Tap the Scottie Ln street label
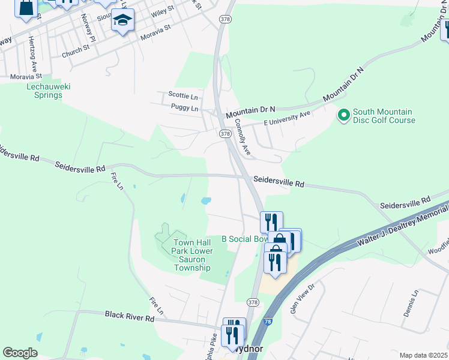coord(182,95)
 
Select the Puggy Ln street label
coord(184,109)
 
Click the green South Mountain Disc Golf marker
coord(344,114)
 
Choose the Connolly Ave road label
coord(243,139)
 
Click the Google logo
coord(20,352)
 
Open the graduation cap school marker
coord(123,20)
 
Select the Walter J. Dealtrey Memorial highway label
coord(402,225)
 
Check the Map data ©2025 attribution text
coord(423,355)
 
